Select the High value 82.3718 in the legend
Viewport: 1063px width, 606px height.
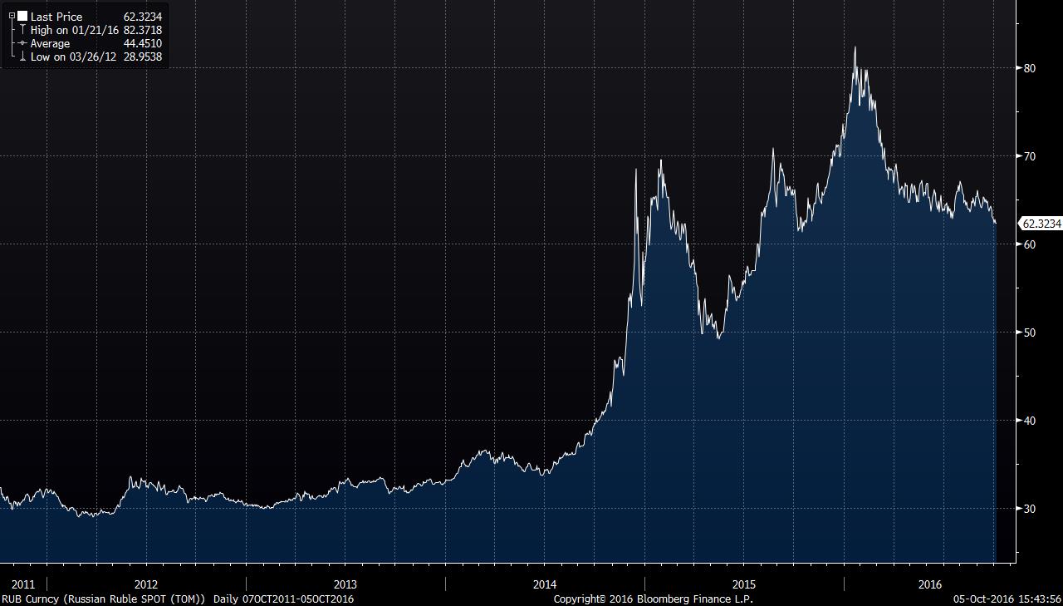142,30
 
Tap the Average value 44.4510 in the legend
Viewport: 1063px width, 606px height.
142,43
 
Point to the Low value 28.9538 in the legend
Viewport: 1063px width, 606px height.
142,57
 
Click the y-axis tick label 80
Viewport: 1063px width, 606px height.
1029,68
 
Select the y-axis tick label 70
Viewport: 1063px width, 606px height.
1029,156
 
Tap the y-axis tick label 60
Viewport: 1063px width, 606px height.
1029,244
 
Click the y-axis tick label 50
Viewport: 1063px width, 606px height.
1029,333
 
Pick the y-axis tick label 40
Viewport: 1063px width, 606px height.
1029,421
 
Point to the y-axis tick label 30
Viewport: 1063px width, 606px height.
1029,509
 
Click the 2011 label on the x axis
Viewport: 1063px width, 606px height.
22,584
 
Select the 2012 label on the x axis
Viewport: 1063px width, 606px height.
146,584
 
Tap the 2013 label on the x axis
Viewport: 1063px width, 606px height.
345,584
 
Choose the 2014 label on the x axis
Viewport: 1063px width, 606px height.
545,584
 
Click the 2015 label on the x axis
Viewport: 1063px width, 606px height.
744,584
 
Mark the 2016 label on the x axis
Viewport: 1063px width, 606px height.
930,584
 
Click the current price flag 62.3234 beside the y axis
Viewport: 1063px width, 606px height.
1041,224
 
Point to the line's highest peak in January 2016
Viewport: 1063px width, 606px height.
855,48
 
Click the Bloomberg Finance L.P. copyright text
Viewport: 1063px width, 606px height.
653,599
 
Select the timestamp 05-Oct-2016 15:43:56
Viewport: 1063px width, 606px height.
1007,599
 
